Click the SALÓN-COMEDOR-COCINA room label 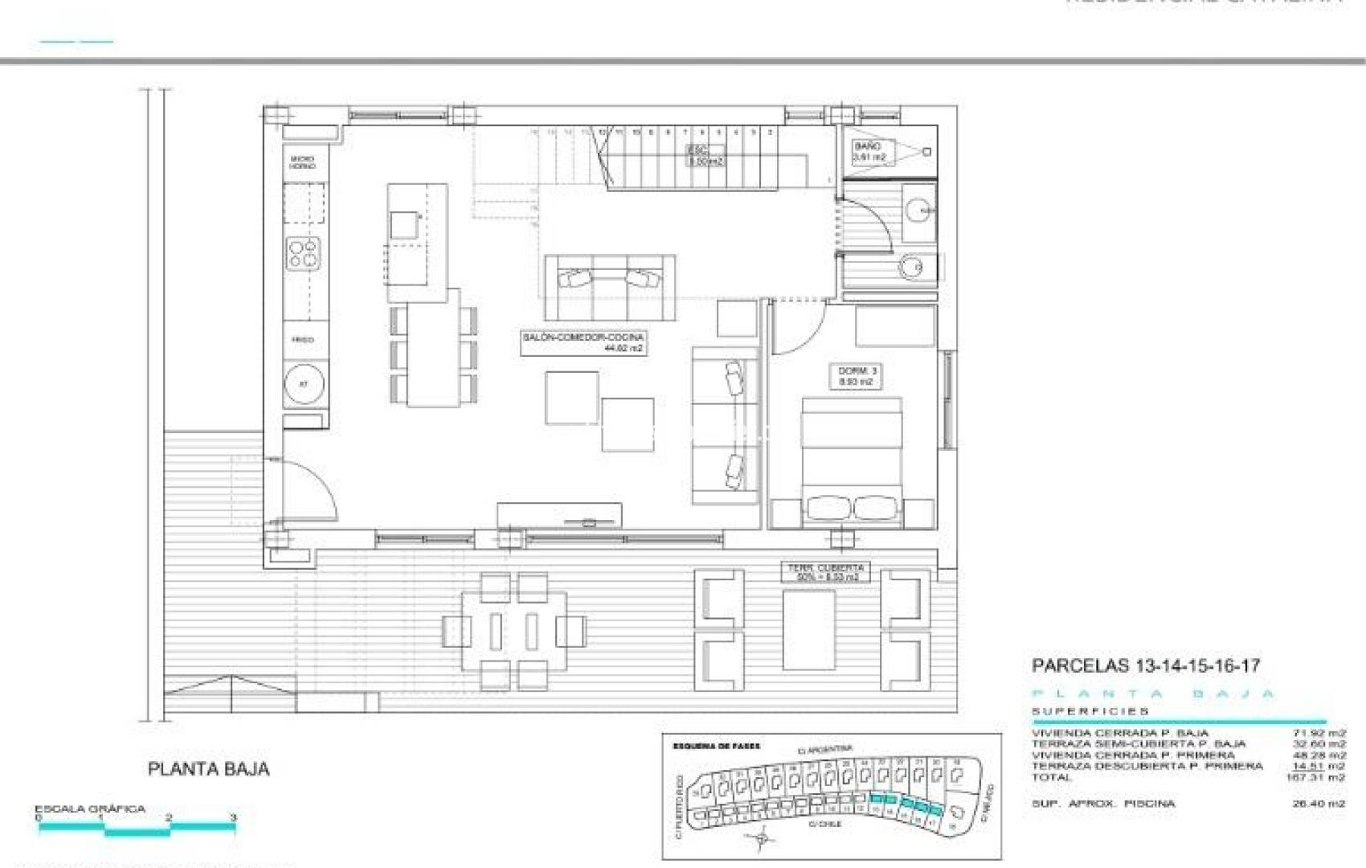(583, 342)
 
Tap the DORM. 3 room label (857, 376)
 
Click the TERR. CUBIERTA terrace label (824, 572)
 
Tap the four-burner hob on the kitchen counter (305, 252)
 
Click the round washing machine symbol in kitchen (305, 384)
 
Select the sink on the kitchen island (404, 225)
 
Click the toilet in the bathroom (914, 267)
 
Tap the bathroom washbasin (918, 211)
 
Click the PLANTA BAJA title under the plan (209, 769)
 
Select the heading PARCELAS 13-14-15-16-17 (1145, 665)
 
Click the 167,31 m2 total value (1315, 777)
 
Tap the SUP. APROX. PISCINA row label (1103, 803)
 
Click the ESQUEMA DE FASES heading (716, 746)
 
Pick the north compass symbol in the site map (760, 840)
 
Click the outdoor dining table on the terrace (513, 631)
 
